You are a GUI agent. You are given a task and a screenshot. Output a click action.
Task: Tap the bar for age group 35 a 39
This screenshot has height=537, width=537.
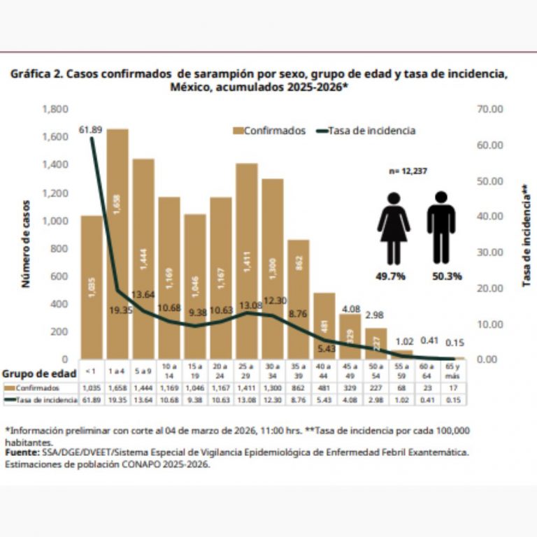click(x=298, y=301)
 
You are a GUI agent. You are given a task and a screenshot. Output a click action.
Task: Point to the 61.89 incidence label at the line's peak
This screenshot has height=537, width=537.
click(x=91, y=130)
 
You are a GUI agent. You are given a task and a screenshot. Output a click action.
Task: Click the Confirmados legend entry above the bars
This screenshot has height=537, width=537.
click(x=270, y=131)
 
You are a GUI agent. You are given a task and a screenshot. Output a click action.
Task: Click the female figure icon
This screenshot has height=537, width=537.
click(x=394, y=228)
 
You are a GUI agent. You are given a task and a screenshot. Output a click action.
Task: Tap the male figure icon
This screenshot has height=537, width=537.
click(x=441, y=228)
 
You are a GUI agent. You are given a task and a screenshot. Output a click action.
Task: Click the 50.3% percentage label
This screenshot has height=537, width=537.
click(x=447, y=276)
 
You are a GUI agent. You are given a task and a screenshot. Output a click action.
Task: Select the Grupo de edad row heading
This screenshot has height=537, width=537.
click(x=39, y=373)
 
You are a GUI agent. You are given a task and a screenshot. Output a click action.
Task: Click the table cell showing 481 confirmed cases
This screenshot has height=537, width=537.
click(x=324, y=388)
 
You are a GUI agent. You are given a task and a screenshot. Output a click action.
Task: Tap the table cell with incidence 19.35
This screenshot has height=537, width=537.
click(x=117, y=400)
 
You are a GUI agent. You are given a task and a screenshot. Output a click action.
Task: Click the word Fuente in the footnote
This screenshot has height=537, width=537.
click(x=21, y=452)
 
